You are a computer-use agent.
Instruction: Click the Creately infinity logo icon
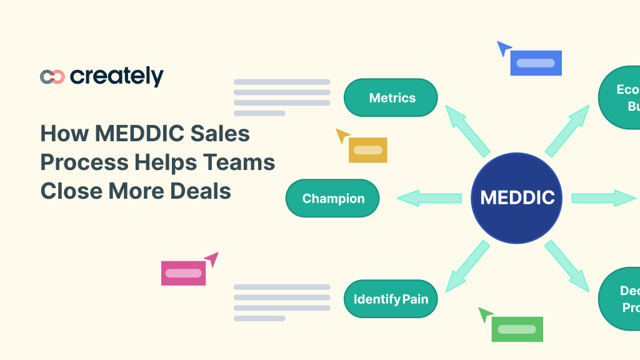point(52,76)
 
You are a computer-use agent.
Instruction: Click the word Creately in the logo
point(117,76)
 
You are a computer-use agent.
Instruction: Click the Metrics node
point(391,97)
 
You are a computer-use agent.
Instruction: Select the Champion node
point(332,198)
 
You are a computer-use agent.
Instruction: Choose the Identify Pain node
point(391,299)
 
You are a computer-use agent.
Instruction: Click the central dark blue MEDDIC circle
point(517,198)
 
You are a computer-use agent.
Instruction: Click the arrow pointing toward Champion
point(429,198)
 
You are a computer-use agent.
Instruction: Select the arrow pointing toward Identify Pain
point(467,266)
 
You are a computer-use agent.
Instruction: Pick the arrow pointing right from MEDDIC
point(603,198)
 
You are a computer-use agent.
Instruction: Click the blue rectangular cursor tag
point(536,63)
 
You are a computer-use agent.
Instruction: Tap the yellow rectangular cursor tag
point(368,150)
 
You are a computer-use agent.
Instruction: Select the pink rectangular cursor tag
point(183,273)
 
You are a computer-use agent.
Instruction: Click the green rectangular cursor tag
point(517,329)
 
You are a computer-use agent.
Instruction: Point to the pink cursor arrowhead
point(212,258)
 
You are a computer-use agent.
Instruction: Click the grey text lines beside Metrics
point(281,97)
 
